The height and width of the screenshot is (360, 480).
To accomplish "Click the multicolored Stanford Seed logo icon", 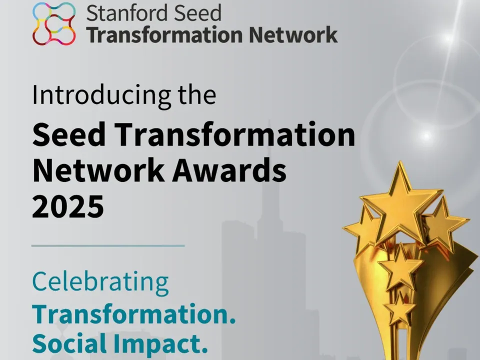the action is [54, 24].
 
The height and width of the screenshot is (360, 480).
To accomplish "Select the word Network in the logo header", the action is [293, 34].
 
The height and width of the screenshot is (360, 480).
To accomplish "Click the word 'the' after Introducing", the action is [197, 94].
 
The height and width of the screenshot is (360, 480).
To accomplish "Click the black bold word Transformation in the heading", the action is [235, 134].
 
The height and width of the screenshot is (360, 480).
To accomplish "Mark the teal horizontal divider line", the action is [108, 245].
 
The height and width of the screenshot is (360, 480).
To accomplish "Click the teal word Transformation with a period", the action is [134, 314].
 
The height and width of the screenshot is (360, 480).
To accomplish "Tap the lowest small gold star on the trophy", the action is [399, 308].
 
